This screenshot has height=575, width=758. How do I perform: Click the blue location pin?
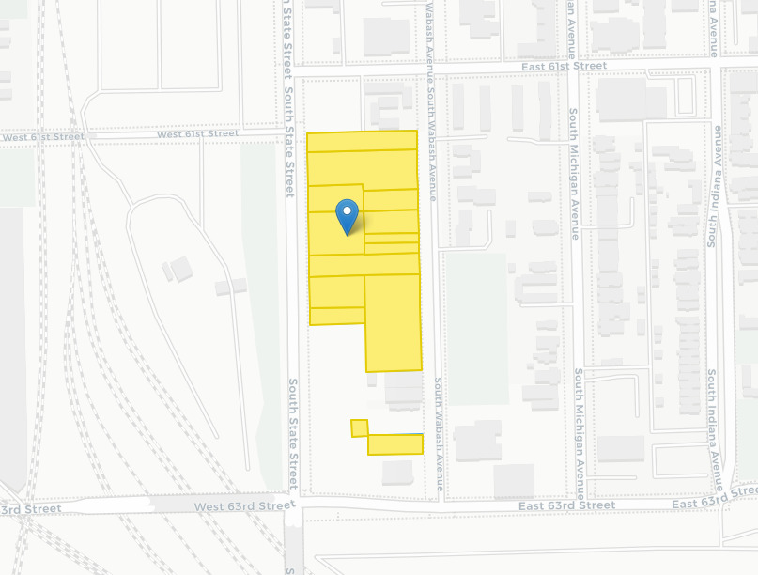[x=348, y=215]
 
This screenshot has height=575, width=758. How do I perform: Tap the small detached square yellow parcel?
[x=359, y=428]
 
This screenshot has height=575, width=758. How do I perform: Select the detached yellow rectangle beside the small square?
[x=394, y=444]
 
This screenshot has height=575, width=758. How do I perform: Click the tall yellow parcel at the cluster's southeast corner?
[x=393, y=322]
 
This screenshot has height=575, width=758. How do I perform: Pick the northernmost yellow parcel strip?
[x=362, y=141]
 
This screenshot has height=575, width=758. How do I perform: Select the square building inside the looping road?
[x=181, y=270]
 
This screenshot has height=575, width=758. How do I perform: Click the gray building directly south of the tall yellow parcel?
[x=403, y=390]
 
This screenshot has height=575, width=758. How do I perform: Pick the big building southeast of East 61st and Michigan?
[x=621, y=99]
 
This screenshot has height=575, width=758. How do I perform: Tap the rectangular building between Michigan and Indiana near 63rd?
[x=621, y=448]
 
